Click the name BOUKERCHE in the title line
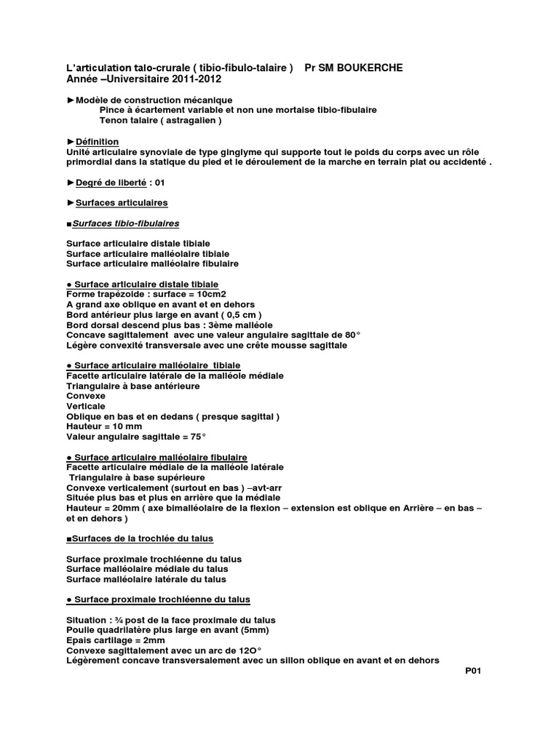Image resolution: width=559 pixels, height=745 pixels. pyautogui.click(x=367, y=68)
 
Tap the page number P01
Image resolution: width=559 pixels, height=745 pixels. pyautogui.click(x=473, y=671)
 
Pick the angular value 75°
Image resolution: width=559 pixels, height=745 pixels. pyautogui.click(x=195, y=437)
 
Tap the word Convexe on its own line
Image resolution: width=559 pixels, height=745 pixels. pyautogui.click(x=86, y=396)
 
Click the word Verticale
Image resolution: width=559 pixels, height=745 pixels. pyautogui.click(x=86, y=406)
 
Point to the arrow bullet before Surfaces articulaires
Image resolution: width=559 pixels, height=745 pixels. pyautogui.click(x=71, y=202)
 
